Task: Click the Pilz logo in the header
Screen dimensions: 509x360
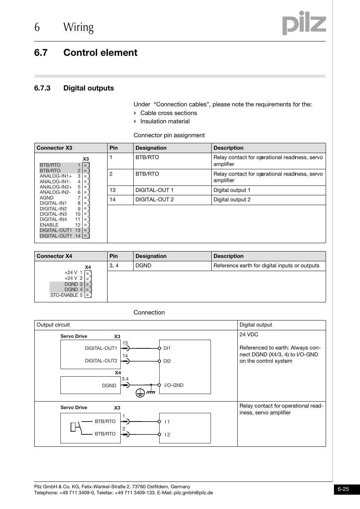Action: point(304,23)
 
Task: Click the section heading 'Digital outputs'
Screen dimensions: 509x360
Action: point(88,88)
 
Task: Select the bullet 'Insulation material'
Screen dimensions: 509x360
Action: point(165,121)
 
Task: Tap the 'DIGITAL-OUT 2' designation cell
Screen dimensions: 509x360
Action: point(155,200)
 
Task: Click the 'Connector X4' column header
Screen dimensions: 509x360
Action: point(54,256)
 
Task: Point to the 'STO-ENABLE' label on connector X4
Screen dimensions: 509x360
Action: point(64,295)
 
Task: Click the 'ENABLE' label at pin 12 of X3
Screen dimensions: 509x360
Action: point(49,225)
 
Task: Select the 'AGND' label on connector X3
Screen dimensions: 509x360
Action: point(47,198)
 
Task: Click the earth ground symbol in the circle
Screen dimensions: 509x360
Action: point(140,393)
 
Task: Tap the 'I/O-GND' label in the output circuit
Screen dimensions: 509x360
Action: point(174,385)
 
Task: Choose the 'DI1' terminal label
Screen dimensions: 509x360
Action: point(167,348)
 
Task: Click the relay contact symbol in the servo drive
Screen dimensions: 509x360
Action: point(76,427)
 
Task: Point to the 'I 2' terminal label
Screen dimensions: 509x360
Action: point(167,435)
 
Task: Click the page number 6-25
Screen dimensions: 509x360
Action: point(343,489)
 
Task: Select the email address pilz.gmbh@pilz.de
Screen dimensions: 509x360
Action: point(193,493)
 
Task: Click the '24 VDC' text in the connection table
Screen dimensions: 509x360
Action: point(249,335)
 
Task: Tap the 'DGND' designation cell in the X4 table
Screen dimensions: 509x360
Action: point(143,266)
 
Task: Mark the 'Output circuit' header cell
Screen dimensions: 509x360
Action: point(53,325)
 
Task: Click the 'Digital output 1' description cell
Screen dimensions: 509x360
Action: point(232,190)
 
